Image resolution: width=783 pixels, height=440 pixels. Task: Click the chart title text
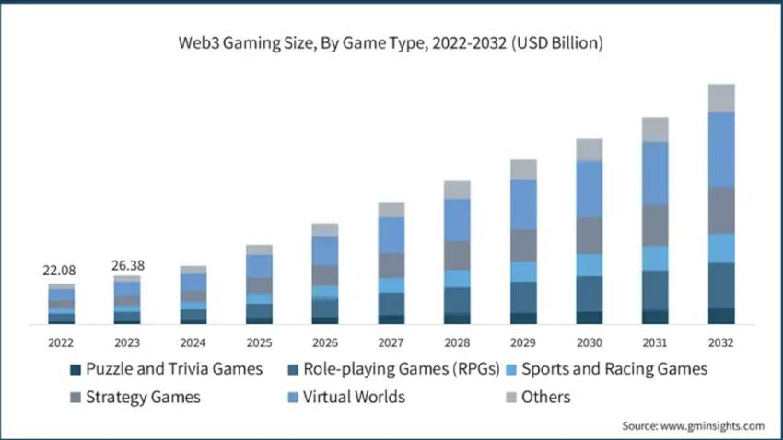[391, 43]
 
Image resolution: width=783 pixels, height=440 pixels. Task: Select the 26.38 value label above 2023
[127, 265]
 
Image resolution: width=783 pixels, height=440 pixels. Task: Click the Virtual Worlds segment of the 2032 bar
[721, 149]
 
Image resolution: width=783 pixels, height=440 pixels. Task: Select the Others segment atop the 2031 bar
[655, 129]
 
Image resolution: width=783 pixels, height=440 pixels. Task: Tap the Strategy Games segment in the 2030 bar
[590, 236]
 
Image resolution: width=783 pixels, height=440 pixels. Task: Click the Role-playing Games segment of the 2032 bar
[721, 285]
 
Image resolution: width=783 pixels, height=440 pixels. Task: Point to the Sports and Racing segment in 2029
[523, 272]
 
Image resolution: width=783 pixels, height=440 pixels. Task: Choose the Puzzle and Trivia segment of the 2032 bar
[721, 316]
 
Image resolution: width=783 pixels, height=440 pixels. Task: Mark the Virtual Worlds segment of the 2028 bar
[457, 220]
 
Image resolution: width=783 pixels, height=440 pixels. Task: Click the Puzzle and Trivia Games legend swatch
[75, 370]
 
